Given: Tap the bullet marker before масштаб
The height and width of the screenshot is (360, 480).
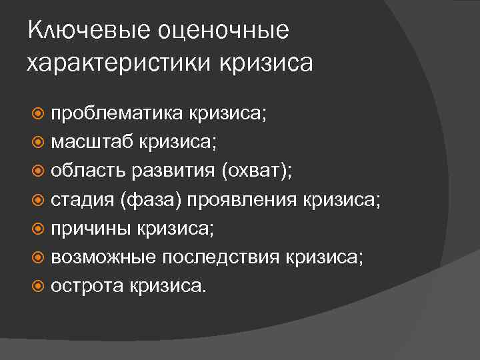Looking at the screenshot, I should coord(39,142).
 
